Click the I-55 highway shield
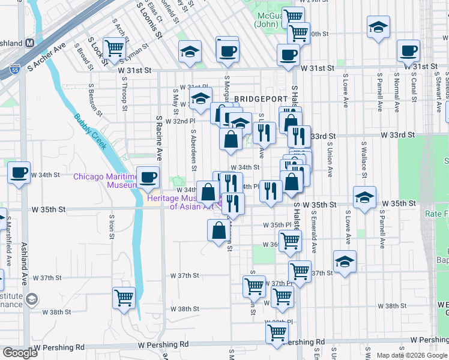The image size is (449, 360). (x=15, y=70)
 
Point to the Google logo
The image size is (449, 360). (x=20, y=353)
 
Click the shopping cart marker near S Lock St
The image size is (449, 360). (x=113, y=49)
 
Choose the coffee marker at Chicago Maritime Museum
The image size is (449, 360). (x=148, y=176)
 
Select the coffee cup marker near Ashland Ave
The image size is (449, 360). (x=19, y=172)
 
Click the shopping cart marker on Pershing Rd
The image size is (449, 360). (x=276, y=333)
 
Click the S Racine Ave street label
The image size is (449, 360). (x=160, y=139)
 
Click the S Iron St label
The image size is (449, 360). (x=112, y=226)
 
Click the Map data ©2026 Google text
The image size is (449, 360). (x=412, y=355)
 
